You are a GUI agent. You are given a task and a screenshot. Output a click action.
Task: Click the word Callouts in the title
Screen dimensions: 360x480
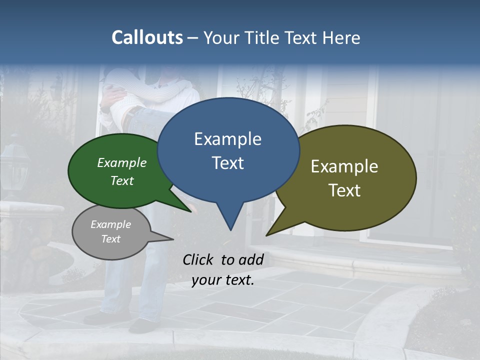point(147,37)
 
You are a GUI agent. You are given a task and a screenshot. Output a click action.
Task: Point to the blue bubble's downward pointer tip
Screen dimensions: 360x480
point(230,230)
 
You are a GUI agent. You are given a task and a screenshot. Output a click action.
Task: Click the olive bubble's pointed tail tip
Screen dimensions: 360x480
point(266,235)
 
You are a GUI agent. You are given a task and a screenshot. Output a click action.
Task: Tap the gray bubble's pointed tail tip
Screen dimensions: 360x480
point(173,239)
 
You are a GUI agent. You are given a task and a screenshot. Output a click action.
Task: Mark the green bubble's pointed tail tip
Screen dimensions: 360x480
point(190,211)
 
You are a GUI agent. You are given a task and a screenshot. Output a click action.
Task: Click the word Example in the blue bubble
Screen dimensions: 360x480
point(227,139)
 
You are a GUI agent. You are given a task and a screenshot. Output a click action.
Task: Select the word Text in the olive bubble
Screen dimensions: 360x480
point(344,190)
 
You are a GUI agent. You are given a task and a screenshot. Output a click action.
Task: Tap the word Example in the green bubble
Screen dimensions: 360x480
point(122,163)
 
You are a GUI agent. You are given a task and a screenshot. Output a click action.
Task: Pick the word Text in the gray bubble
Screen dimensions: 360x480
point(110,239)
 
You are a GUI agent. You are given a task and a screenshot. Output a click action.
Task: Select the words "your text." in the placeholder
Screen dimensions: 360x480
point(223,280)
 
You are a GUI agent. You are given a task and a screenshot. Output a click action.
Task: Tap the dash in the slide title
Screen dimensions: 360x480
point(193,38)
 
